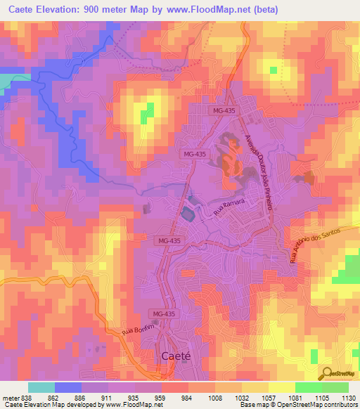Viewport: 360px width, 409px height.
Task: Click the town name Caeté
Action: pos(176,356)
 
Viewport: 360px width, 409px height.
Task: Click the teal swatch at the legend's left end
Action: pos(41,387)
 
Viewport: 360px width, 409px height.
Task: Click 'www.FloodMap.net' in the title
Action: pos(211,10)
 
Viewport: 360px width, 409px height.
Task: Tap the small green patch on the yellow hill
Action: pos(148,111)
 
